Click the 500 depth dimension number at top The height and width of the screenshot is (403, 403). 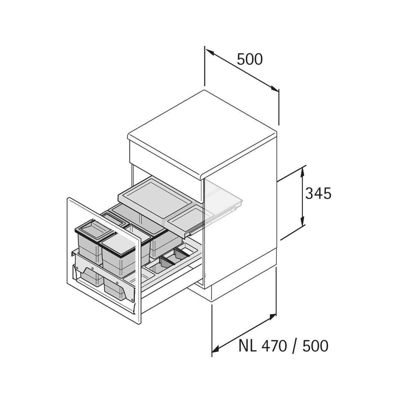coord(250,59)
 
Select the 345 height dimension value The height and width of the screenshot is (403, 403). coord(318,193)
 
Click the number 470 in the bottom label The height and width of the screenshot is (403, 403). coord(274,346)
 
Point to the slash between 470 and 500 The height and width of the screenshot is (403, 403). coord(295,346)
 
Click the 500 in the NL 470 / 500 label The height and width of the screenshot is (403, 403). coord(315,346)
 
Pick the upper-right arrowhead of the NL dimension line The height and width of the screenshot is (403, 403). coord(272,317)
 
